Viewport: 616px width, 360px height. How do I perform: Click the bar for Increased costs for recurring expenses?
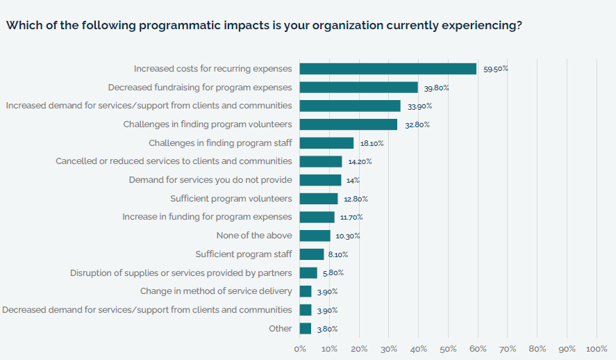(388, 69)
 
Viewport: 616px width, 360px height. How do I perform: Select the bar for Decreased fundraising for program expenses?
(358, 88)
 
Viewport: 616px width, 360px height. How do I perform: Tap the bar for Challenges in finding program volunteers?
(348, 124)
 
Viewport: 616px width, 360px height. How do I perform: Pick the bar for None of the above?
(315, 236)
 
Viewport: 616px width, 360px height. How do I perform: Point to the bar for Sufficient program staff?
(312, 254)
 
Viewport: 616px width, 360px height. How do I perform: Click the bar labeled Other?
(306, 329)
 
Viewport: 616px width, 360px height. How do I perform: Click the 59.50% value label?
(496, 69)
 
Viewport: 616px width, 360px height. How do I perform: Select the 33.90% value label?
(419, 106)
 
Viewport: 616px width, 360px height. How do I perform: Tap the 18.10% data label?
(372, 143)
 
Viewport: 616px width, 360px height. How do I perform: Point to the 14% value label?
(353, 180)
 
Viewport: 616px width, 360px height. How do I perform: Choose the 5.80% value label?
(332, 273)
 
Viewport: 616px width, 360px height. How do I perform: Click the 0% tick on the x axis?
(300, 348)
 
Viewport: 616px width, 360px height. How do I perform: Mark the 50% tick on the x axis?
(448, 348)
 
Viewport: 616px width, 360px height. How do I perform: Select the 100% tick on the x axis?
(597, 348)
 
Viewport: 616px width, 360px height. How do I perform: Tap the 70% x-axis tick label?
(508, 348)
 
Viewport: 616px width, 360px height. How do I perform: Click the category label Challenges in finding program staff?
(220, 143)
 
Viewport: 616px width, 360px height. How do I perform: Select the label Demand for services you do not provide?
(210, 180)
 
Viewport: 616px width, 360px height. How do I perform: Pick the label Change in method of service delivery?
(216, 291)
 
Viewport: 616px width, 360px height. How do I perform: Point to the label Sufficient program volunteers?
(231, 199)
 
